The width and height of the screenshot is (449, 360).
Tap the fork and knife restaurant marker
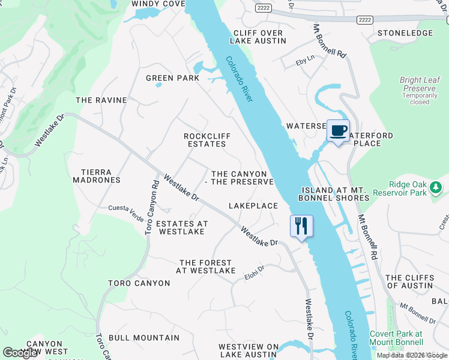point(301,226)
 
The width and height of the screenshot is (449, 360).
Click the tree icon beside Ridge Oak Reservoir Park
point(436,189)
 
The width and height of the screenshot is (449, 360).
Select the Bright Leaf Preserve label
point(419,80)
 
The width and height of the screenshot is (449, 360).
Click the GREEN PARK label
point(173,78)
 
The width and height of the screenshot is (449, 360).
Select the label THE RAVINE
point(101,100)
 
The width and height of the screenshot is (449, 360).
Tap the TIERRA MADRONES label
point(97,175)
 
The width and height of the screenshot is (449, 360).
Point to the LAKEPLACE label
point(253,206)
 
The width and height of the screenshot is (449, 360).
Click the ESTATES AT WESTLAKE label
point(182,227)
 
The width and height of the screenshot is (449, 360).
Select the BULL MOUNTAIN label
point(136,338)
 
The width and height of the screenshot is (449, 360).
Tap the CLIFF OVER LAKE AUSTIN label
point(258,37)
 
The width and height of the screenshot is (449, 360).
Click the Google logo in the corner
point(20,353)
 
